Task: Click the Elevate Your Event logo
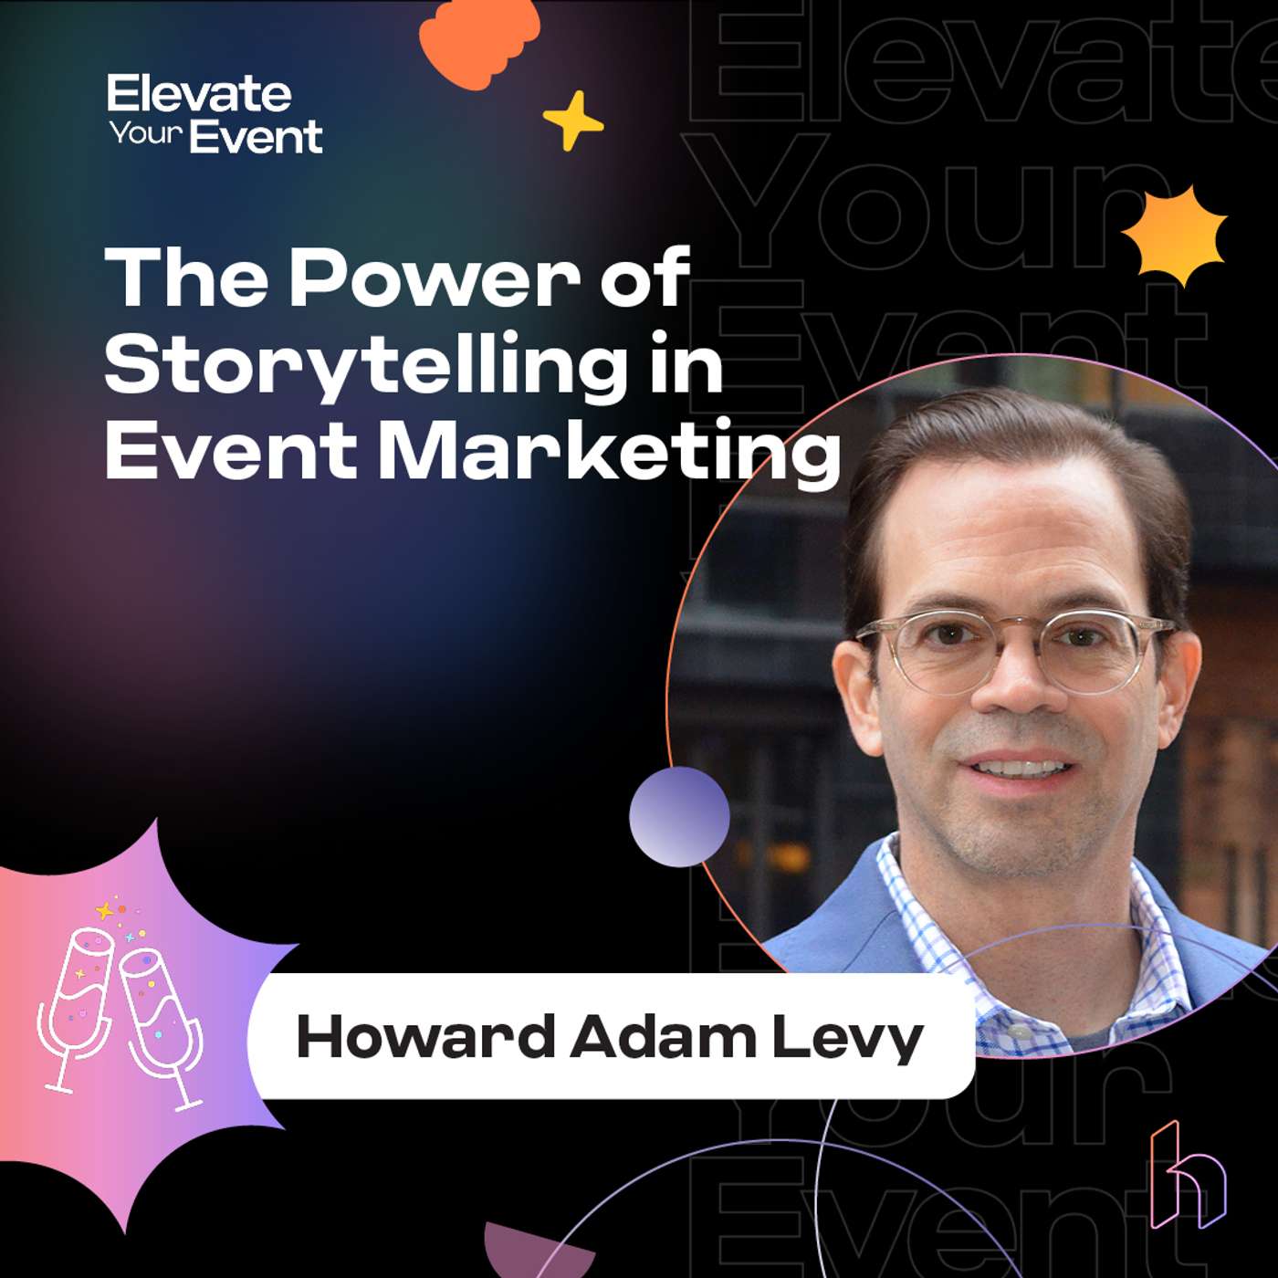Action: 215,114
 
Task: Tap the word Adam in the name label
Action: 664,1037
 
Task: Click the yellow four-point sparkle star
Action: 573,120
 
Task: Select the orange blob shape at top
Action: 478,41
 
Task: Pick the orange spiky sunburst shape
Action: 1175,235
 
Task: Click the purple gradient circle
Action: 679,816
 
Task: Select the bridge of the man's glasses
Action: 1013,630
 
